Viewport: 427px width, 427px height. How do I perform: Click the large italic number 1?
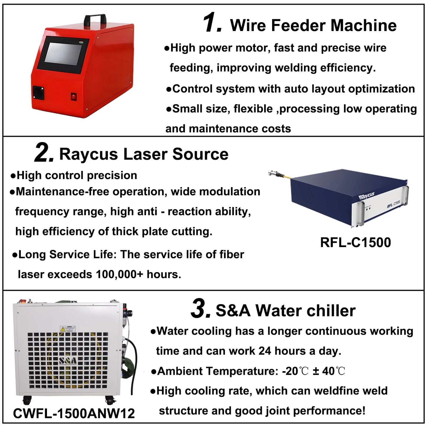tap(212, 23)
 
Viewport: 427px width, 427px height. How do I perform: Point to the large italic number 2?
tap(44, 153)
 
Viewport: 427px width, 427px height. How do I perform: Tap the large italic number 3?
tap(201, 309)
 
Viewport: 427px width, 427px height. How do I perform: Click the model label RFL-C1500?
tap(355, 243)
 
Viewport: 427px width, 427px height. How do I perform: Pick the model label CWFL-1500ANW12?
tap(74, 413)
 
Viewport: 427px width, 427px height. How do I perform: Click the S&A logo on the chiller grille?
tap(68, 361)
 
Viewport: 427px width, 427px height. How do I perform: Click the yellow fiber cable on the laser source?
tap(284, 176)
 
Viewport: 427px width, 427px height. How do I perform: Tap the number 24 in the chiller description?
tap(264, 351)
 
